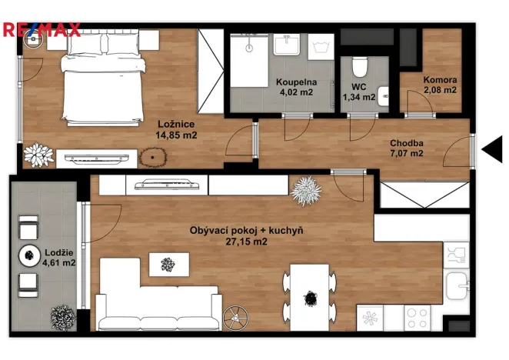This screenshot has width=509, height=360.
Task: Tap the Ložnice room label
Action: (x=176, y=124)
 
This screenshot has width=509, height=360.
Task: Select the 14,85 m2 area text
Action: (x=176, y=135)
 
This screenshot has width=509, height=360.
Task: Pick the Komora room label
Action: (x=441, y=80)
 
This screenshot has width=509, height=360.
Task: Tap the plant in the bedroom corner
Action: (x=35, y=155)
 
